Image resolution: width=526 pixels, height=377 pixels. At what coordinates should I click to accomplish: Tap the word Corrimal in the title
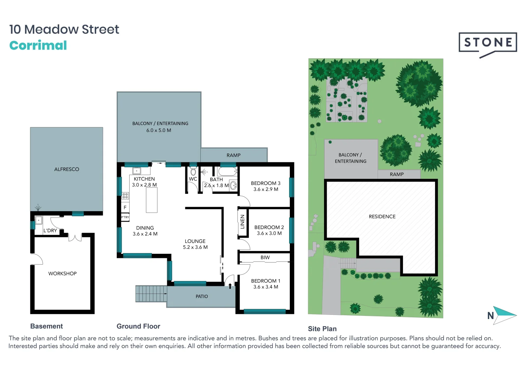(x=38, y=45)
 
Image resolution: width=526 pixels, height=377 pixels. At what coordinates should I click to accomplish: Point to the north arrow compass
(x=504, y=315)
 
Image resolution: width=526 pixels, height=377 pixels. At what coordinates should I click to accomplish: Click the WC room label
(x=193, y=179)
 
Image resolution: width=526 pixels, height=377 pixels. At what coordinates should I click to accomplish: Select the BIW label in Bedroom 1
(x=265, y=258)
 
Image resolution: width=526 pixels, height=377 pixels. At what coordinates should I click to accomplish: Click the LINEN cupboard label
(x=242, y=222)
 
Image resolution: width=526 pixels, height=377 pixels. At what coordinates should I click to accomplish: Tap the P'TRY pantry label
(x=125, y=217)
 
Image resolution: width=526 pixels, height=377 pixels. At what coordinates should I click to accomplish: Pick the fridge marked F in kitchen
(x=125, y=207)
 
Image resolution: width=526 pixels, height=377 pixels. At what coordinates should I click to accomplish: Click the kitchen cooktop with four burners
(x=125, y=196)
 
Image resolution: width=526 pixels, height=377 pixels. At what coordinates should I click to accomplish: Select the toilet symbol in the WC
(x=193, y=172)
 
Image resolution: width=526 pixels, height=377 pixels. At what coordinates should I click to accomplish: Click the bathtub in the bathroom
(x=227, y=172)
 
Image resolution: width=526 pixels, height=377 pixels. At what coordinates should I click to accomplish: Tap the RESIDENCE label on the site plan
(x=382, y=216)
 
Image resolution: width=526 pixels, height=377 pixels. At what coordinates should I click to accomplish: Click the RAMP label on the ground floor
(x=233, y=155)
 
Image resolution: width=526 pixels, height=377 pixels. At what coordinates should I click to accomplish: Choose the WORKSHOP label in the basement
(x=62, y=274)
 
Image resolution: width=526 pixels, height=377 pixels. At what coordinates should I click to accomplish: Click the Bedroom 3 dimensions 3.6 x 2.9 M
(x=266, y=189)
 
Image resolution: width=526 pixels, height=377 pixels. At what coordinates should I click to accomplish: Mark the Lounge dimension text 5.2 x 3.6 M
(x=195, y=247)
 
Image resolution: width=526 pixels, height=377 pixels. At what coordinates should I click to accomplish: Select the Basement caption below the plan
(x=46, y=326)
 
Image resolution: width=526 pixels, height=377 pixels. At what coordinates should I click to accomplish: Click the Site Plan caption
(x=322, y=329)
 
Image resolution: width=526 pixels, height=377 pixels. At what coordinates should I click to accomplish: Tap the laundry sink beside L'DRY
(x=38, y=220)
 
